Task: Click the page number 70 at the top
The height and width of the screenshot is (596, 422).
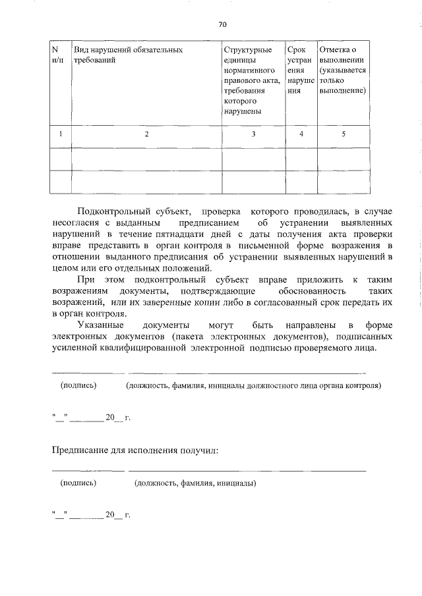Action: coord(222,24)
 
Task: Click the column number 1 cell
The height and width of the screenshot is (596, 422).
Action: coord(60,134)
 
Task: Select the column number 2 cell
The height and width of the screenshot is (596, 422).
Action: coord(147,134)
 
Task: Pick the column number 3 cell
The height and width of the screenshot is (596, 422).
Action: coord(253,134)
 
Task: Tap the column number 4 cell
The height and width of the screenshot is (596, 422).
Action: coord(301,134)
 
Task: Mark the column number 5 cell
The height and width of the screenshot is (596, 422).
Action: coord(343,134)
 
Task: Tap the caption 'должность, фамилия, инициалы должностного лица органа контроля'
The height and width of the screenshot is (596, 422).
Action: coord(253,386)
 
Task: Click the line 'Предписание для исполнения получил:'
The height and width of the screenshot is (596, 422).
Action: coord(135,450)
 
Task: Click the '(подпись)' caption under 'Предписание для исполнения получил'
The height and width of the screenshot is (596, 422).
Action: coord(78,483)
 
